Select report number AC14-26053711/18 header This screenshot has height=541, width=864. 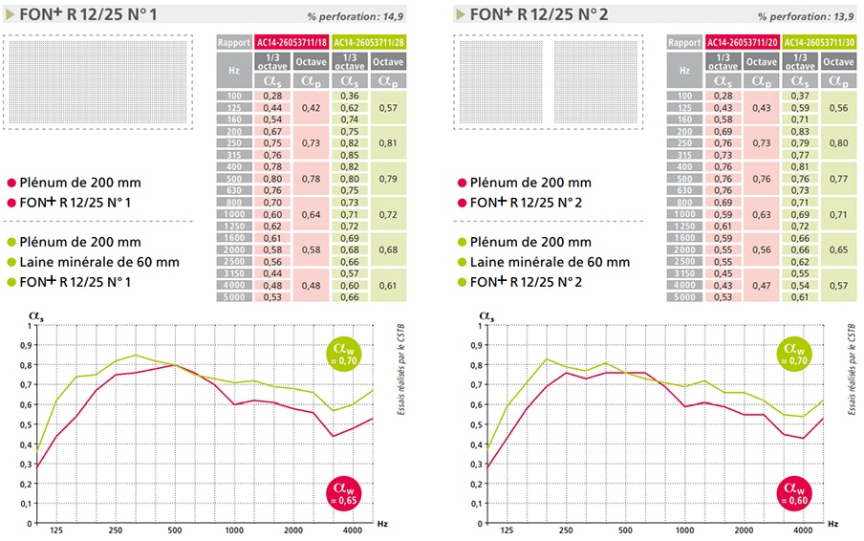pyautogui.click(x=292, y=42)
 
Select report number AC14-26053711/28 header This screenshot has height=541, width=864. pyautogui.click(x=368, y=42)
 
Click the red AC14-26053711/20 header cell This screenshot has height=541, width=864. pyautogui.click(x=742, y=42)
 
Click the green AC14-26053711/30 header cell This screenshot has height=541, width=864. pyautogui.click(x=818, y=42)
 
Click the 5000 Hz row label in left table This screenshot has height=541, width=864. pyautogui.click(x=234, y=297)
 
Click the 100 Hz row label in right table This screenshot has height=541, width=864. pyautogui.click(x=684, y=96)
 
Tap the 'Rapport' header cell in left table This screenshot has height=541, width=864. pyautogui.click(x=234, y=42)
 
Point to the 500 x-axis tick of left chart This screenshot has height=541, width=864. pyautogui.click(x=173, y=530)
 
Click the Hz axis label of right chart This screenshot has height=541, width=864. pyautogui.click(x=832, y=524)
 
